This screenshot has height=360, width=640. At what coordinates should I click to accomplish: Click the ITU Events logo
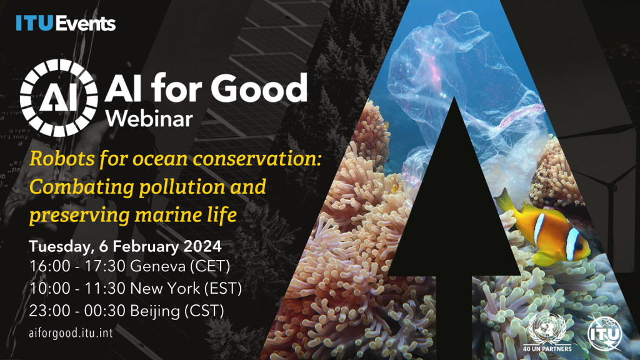pyautogui.click(x=66, y=24)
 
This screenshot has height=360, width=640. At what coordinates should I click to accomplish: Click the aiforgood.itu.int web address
pyautogui.click(x=71, y=332)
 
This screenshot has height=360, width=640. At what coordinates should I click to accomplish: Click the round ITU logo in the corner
pyautogui.click(x=602, y=331)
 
